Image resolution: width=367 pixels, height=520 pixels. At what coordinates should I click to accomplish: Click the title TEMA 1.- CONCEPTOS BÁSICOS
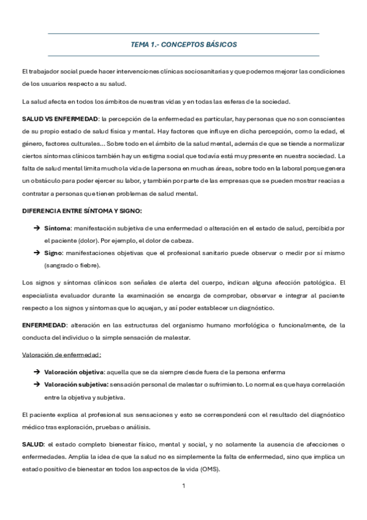click(x=183, y=45)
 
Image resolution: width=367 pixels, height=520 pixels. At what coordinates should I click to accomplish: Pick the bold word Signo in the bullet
click(x=55, y=253)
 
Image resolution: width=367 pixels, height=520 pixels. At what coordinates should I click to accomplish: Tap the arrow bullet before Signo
click(x=37, y=253)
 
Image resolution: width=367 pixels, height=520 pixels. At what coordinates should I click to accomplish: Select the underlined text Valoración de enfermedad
click(x=61, y=354)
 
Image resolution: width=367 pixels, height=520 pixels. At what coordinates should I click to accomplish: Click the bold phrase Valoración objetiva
click(x=74, y=372)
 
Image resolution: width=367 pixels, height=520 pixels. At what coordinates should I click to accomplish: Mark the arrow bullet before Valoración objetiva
click(x=37, y=372)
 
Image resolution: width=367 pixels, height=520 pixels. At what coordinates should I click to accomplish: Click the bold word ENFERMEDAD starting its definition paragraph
click(x=45, y=324)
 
